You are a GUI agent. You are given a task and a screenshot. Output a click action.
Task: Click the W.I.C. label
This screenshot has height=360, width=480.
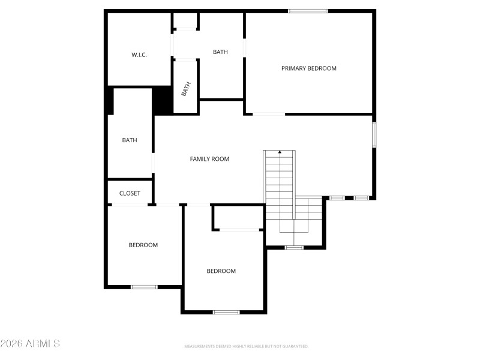[x=139, y=55]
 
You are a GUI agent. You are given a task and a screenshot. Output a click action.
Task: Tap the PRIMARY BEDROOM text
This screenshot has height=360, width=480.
[x=309, y=68]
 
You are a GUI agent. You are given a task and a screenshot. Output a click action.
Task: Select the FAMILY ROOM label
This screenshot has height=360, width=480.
[x=209, y=159]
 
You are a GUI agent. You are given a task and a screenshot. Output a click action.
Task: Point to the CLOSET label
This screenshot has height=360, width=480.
[x=130, y=193]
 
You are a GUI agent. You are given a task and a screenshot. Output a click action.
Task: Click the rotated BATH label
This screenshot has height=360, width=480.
[x=186, y=89]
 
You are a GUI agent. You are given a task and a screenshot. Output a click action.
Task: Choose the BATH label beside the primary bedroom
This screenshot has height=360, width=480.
[x=220, y=52]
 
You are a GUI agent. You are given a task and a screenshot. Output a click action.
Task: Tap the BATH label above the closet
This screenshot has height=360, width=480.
[x=130, y=140]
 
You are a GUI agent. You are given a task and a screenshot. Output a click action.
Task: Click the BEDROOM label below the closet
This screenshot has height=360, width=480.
[x=143, y=245]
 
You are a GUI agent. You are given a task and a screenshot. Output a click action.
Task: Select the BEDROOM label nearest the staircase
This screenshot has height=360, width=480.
[x=221, y=271]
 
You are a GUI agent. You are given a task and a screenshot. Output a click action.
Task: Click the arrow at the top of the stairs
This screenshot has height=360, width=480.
[x=280, y=152]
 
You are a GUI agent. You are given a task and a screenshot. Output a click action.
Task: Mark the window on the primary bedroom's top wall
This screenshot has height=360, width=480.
[x=308, y=11]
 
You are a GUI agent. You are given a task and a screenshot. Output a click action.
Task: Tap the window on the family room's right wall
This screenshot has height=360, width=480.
[x=374, y=134]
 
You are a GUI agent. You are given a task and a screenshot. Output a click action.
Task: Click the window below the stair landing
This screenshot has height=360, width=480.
[x=294, y=247]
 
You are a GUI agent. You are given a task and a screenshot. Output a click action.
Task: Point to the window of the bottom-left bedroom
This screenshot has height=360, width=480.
[x=144, y=287]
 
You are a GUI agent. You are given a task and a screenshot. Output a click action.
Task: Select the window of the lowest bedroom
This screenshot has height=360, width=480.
[x=226, y=312]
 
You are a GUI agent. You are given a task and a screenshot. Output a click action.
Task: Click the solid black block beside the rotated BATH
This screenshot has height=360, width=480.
[x=162, y=100]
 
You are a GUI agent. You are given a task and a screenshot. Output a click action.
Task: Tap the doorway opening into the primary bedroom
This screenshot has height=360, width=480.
[x=268, y=113]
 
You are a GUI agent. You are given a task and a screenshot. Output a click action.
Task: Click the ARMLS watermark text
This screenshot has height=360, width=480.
[x=30, y=344]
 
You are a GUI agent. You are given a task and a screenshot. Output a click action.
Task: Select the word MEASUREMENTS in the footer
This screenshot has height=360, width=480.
[x=200, y=346]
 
